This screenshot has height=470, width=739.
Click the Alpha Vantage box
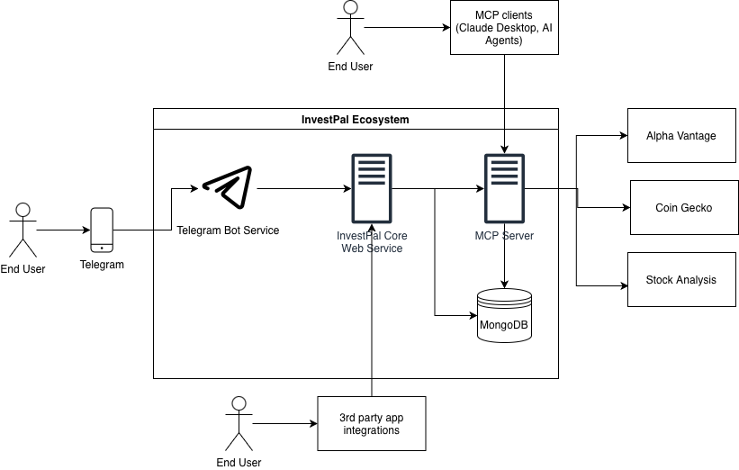click(681, 136)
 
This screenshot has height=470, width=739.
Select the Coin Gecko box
click(683, 208)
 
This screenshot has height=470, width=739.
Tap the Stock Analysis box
click(681, 280)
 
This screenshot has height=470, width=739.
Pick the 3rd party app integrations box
click(371, 423)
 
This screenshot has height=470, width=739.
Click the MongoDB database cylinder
click(503, 315)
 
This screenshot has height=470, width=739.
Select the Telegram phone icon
click(102, 230)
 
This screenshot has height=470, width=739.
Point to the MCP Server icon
click(503, 189)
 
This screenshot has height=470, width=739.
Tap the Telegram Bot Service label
click(228, 230)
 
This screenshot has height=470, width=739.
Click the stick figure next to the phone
click(23, 231)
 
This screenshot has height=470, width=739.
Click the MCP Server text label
click(504, 236)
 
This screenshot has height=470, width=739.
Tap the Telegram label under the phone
click(102, 265)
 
